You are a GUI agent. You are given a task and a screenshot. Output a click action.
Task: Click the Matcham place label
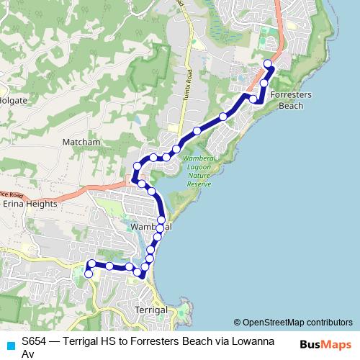tap(81, 143)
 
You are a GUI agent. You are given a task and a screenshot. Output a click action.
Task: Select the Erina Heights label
tap(30, 204)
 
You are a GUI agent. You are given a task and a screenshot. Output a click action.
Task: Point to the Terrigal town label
tap(152, 310)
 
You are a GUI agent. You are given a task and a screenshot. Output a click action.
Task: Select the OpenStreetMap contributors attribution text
tap(297, 323)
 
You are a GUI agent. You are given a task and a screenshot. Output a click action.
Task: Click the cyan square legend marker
tap(10, 343)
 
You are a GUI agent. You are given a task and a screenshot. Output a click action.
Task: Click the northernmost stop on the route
tap(268, 64)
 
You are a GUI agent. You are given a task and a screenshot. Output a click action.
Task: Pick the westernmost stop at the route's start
tap(89, 274)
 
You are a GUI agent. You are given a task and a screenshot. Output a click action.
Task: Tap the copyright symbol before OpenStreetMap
tap(237, 323)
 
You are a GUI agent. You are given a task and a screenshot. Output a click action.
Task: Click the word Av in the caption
tap(28, 354)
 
